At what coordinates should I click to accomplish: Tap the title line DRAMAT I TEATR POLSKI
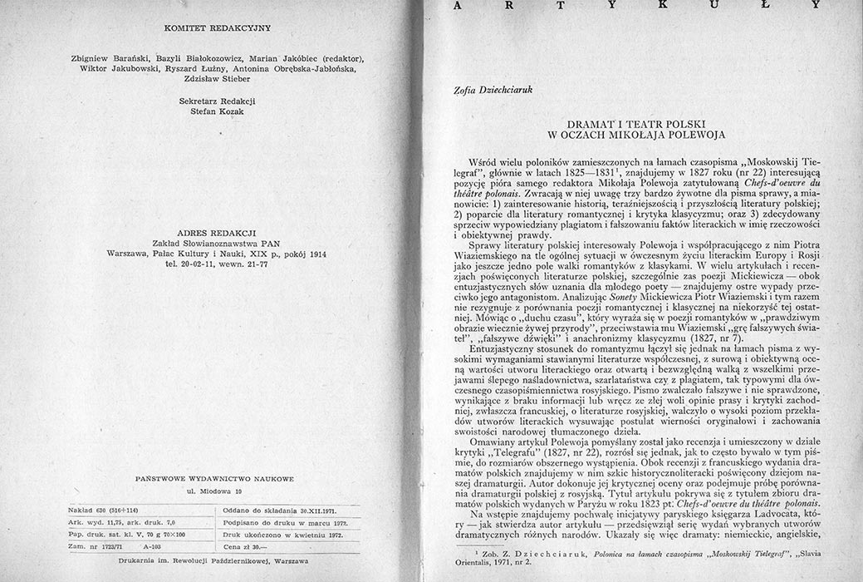coord(636,121)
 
